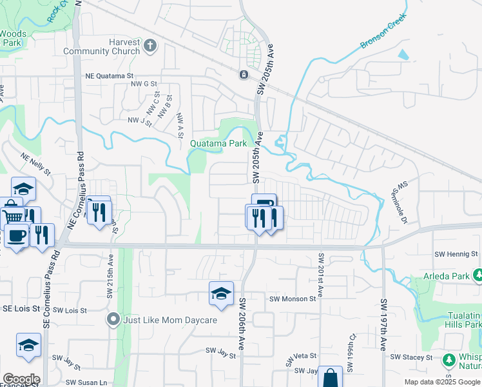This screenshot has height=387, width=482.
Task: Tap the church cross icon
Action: pyautogui.click(x=150, y=45)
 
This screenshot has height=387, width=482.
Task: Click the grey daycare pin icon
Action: pyautogui.click(x=113, y=319)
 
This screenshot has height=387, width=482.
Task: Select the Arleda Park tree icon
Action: pyautogui.click(x=477, y=276)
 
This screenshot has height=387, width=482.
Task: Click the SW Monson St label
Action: pyautogui.click(x=293, y=299)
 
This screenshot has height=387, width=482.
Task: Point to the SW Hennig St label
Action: pyautogui.click(x=456, y=255)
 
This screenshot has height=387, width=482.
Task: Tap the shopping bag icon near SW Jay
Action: pyautogui.click(x=330, y=378)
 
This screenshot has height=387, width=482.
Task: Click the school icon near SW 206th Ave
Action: pyautogui.click(x=220, y=293)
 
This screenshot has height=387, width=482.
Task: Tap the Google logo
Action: pyautogui.click(x=21, y=379)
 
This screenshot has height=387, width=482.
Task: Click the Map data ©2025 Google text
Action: pyautogui.click(x=442, y=382)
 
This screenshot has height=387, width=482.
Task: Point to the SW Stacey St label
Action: pyautogui.click(x=411, y=357)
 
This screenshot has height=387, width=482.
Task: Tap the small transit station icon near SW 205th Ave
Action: pyautogui.click(x=244, y=75)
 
